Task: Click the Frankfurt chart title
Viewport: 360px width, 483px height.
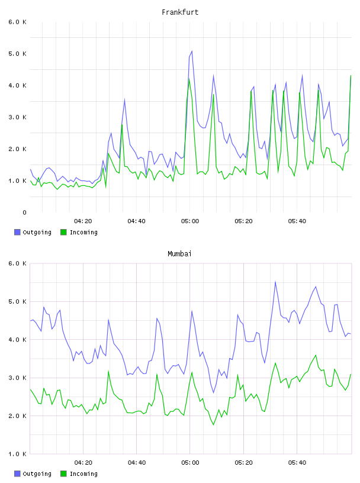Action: coord(180,12)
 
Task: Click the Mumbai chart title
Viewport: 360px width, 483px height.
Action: coord(179,254)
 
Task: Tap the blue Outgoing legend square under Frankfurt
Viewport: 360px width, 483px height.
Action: coord(17,232)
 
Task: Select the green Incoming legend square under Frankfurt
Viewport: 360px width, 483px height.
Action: coord(63,232)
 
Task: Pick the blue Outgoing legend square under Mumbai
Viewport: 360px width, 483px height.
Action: coord(17,474)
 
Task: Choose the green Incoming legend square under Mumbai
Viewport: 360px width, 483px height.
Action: coord(63,474)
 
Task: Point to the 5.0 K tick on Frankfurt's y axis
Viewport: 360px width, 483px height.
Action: coord(18,54)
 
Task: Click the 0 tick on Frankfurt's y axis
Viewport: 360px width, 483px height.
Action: coord(24,212)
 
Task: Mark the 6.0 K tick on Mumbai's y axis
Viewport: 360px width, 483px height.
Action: coord(18,263)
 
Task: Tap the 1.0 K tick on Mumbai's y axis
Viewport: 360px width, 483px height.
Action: coord(18,454)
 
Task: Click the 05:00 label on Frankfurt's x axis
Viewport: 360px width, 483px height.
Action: coord(190,221)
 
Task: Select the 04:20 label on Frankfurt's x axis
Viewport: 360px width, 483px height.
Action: coord(83,221)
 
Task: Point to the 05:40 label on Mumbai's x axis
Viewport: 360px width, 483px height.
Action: coord(297,463)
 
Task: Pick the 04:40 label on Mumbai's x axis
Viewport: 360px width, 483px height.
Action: coord(137,463)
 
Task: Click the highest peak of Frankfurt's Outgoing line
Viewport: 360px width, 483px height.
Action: coord(192,51)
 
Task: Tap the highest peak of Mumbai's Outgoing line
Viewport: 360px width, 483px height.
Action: coord(275,281)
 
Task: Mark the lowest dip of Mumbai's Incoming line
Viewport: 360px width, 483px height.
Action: coord(213,425)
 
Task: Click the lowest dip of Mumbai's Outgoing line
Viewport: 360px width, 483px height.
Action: coord(213,393)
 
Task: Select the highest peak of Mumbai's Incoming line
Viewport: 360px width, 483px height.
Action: coord(316,355)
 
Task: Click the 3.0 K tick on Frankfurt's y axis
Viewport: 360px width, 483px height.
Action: coord(18,117)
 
